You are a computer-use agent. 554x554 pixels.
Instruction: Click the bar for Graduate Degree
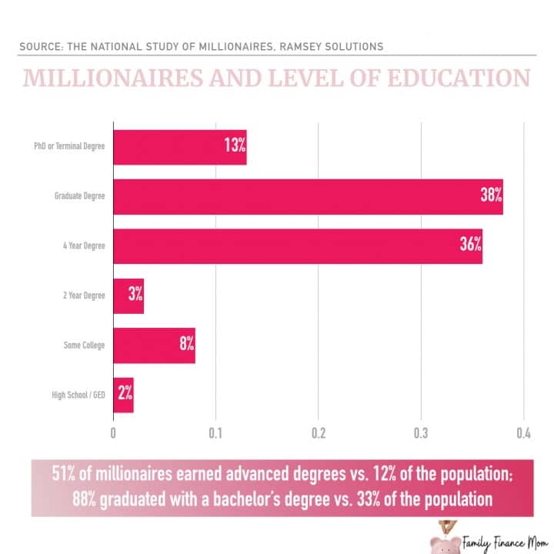click(308, 197)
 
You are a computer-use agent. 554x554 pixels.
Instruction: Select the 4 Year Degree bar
click(298, 246)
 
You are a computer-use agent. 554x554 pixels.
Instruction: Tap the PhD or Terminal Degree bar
click(180, 148)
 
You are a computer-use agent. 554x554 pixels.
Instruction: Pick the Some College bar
click(154, 345)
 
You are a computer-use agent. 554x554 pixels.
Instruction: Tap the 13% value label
click(235, 146)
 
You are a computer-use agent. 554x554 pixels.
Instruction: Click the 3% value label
click(135, 295)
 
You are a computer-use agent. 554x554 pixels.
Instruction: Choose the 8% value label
click(187, 345)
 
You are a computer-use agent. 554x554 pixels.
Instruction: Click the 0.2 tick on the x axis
click(319, 432)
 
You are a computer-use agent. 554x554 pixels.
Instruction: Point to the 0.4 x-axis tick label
click(523, 432)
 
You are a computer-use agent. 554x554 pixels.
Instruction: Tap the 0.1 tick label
click(215, 432)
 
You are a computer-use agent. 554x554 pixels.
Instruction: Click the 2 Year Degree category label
click(84, 296)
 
